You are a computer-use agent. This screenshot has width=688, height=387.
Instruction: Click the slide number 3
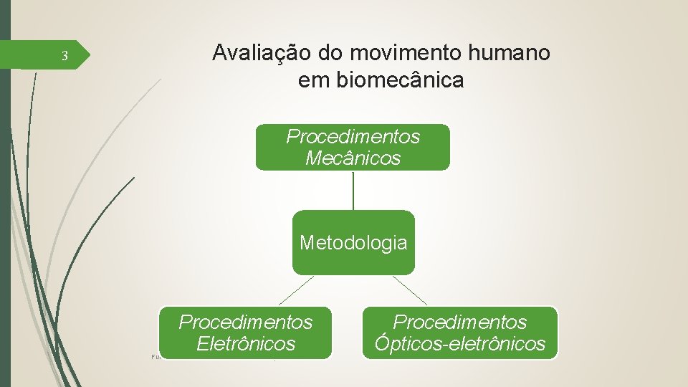coord(64,56)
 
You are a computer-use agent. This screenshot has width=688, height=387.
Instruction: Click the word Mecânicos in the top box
coord(353,158)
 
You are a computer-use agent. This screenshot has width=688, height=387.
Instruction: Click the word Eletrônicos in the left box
coord(246,344)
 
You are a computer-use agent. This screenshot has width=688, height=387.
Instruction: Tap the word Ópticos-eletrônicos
coord(459,344)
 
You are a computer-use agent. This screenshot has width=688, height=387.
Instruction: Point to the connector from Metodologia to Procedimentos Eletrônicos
coord(296,291)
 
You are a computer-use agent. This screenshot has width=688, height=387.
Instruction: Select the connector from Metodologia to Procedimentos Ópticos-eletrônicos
coord(410,291)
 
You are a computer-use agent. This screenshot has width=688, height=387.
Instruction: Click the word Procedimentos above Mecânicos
coord(353,136)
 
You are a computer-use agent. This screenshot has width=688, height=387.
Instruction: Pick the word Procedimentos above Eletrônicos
coord(246,322)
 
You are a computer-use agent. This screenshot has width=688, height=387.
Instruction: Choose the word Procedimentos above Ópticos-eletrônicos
coord(459,322)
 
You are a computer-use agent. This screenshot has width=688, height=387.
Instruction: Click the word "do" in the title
coord(330,53)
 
